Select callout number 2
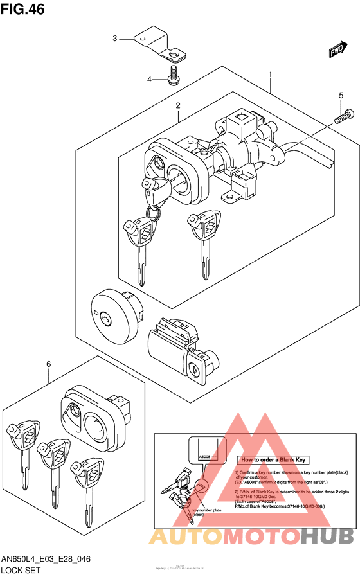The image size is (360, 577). pos(178,106)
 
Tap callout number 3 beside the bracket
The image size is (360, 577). pos(115,39)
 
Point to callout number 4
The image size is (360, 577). pos(149,80)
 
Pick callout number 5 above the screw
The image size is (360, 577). pos(341,96)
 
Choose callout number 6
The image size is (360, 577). pos(48,366)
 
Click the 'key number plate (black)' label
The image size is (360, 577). pos(206,513)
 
